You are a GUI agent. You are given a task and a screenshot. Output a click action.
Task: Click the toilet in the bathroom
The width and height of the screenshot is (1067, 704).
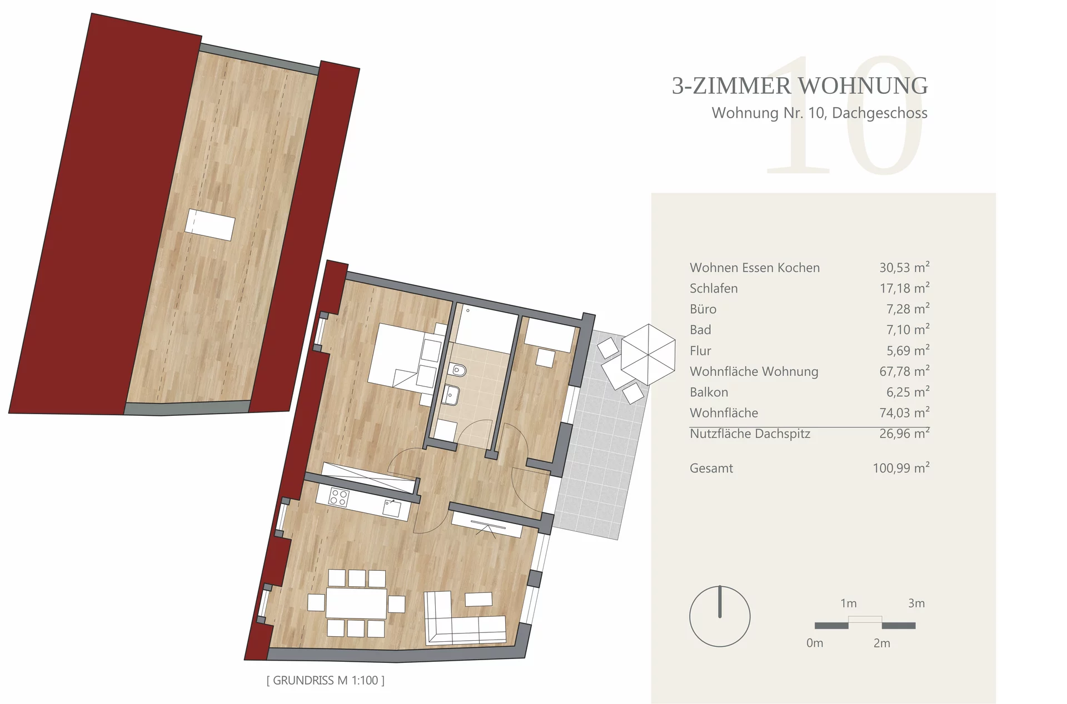(457, 369)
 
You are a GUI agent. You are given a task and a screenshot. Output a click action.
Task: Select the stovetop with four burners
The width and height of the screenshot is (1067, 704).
(338, 497)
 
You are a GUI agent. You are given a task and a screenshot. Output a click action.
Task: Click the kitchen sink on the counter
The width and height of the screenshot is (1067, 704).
(392, 509)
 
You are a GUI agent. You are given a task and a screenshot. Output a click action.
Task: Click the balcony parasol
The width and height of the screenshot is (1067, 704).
(647, 354)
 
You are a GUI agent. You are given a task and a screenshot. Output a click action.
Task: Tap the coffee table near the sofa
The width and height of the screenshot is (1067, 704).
(478, 599)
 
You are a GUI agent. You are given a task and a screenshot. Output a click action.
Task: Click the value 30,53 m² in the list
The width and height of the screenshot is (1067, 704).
(904, 267)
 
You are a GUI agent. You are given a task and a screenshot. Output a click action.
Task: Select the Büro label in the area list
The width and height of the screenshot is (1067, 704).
(703, 309)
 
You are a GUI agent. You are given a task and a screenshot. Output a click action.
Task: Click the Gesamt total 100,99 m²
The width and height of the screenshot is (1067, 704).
(901, 467)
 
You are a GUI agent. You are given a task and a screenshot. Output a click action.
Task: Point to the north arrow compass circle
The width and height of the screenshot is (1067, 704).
(720, 616)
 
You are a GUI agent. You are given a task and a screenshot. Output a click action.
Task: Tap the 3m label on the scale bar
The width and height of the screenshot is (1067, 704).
(916, 603)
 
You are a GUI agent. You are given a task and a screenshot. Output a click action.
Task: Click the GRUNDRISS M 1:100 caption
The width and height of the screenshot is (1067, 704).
(326, 680)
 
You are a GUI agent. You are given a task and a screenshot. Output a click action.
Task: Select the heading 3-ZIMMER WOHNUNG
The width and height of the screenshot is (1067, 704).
(800, 86)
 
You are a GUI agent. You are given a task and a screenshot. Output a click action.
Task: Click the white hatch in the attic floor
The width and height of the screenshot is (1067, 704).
(210, 225)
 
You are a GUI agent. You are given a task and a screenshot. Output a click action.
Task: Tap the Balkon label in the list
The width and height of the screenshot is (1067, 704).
(709, 392)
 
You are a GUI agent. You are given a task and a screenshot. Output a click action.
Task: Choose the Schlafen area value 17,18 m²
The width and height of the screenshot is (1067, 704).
(904, 288)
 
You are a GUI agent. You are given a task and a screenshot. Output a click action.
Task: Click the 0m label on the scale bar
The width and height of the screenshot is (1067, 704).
(815, 643)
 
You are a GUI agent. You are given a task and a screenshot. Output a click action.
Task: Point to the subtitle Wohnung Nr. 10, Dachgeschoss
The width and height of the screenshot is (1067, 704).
(820, 113)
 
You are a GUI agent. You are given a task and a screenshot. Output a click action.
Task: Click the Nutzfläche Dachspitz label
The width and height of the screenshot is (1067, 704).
(750, 434)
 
